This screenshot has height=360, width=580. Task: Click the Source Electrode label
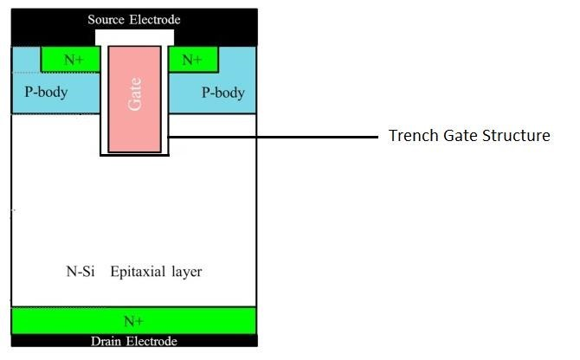[134, 19]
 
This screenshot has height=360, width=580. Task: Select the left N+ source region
[63, 59]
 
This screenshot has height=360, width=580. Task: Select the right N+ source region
[191, 59]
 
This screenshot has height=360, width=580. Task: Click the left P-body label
[41, 93]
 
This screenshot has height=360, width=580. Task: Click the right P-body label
[222, 93]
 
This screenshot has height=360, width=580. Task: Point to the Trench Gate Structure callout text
[468, 136]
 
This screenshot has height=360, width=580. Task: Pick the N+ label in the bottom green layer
[133, 321]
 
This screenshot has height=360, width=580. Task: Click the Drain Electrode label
[133, 342]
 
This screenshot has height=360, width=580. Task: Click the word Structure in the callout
[519, 136]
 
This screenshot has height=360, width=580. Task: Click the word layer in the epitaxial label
[186, 272]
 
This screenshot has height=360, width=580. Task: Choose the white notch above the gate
[135, 37]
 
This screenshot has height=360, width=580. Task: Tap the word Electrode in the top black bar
[157, 19]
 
